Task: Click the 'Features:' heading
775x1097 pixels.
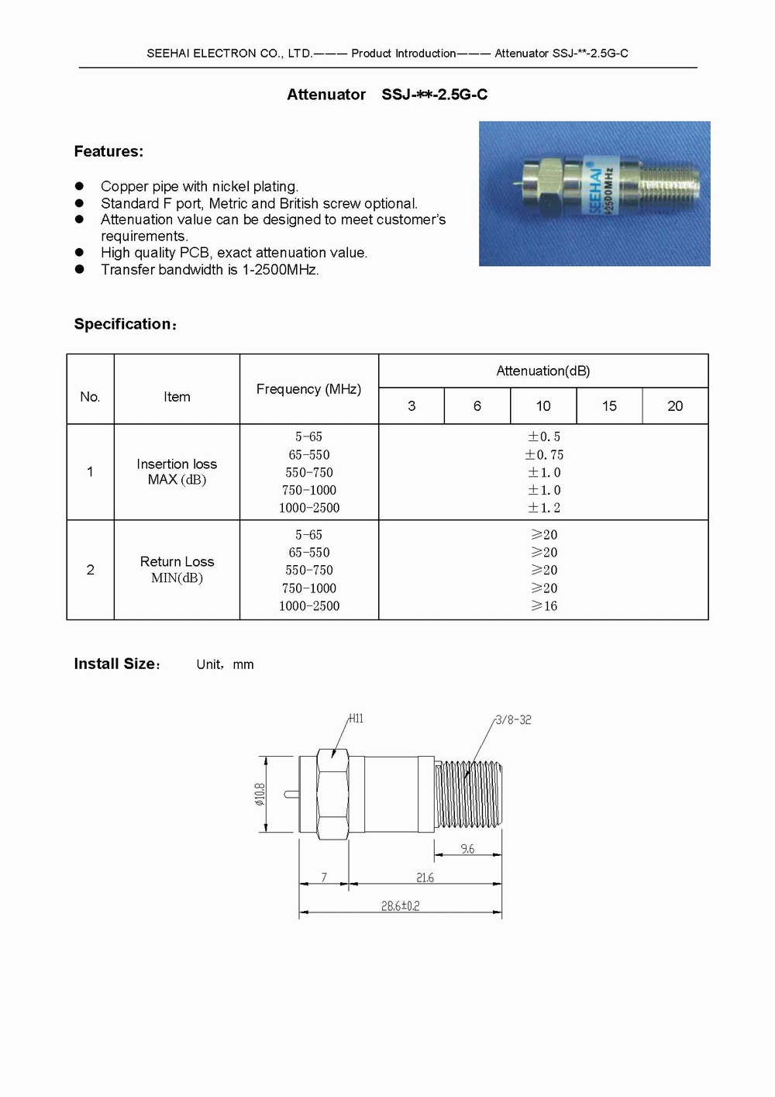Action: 108,152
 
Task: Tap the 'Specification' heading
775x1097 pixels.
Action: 124,325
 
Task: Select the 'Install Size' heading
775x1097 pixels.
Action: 115,664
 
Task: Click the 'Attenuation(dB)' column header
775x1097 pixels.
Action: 543,371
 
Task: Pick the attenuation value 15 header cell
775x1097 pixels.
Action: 609,406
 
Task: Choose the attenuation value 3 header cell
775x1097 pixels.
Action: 412,406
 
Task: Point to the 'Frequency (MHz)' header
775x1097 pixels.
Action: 308,389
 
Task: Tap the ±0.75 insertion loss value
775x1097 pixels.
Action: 544,455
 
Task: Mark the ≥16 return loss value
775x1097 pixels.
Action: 544,606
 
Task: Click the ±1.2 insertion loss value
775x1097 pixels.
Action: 544,509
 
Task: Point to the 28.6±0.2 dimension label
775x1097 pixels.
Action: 400,906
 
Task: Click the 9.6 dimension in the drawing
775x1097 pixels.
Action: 467,850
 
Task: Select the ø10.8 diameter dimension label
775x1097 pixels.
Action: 260,794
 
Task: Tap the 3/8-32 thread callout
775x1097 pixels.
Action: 513,720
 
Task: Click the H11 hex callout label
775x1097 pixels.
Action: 356,719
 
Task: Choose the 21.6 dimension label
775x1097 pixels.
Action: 425,878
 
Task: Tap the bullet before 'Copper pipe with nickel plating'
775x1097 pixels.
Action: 79,186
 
